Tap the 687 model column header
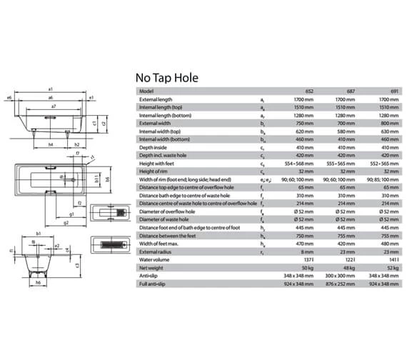350,91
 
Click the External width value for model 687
346,123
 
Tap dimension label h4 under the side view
51,144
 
